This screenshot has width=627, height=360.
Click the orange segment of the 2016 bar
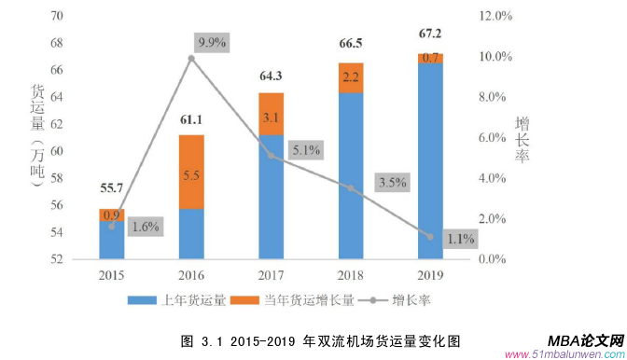pos(191,173)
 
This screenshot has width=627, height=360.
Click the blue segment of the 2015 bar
pos(112,240)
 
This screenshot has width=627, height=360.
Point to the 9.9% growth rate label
pos(212,42)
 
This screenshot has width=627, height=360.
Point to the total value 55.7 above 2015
pos(112,188)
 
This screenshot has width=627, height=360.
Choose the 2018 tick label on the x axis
pos(351,276)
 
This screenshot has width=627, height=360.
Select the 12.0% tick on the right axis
pos(495,17)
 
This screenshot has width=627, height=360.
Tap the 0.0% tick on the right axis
pos(495,259)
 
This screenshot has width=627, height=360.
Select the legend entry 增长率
pos(402,299)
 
